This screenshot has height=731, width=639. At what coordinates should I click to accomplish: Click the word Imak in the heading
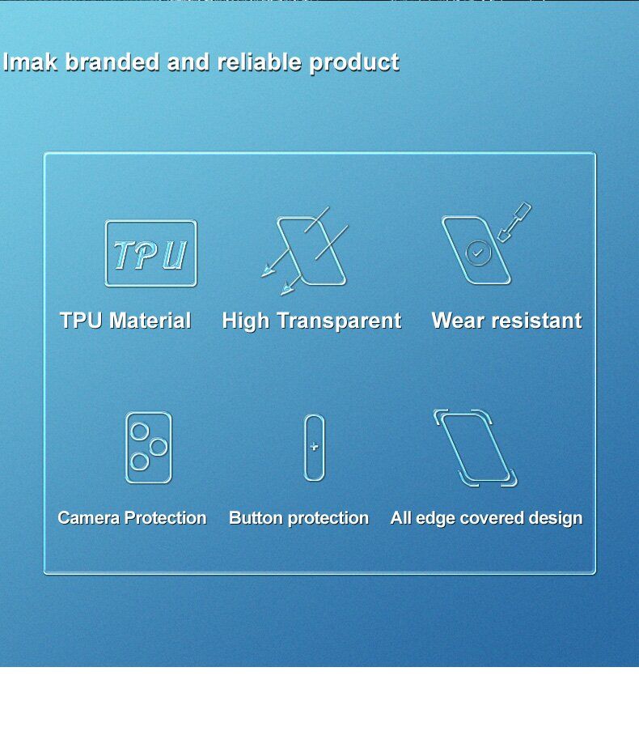click(x=30, y=62)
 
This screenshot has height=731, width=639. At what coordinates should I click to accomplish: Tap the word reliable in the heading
click(x=260, y=62)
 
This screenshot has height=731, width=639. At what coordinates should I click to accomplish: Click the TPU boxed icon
click(x=151, y=253)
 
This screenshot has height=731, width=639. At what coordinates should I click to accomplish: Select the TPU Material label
click(x=125, y=321)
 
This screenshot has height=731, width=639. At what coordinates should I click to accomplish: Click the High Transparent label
click(x=311, y=321)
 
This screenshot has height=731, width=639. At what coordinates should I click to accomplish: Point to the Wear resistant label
click(x=506, y=321)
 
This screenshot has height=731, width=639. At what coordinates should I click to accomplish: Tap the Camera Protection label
click(x=132, y=518)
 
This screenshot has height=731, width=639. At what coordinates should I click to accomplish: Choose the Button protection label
click(x=298, y=518)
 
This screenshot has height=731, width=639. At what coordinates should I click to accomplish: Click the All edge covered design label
click(x=486, y=518)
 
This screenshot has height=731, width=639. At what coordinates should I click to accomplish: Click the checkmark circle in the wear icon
click(x=478, y=253)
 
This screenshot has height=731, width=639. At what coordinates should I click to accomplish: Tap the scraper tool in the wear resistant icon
click(x=514, y=222)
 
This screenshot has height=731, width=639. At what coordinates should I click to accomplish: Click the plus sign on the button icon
click(x=314, y=447)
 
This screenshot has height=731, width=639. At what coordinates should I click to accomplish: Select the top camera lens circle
click(x=139, y=431)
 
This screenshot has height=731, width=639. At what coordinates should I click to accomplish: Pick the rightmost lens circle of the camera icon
click(x=159, y=447)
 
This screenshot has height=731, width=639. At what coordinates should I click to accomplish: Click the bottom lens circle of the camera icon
click(x=139, y=462)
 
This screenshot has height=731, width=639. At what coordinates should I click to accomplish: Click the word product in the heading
click(x=354, y=63)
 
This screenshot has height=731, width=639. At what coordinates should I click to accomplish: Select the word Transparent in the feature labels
click(x=339, y=321)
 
